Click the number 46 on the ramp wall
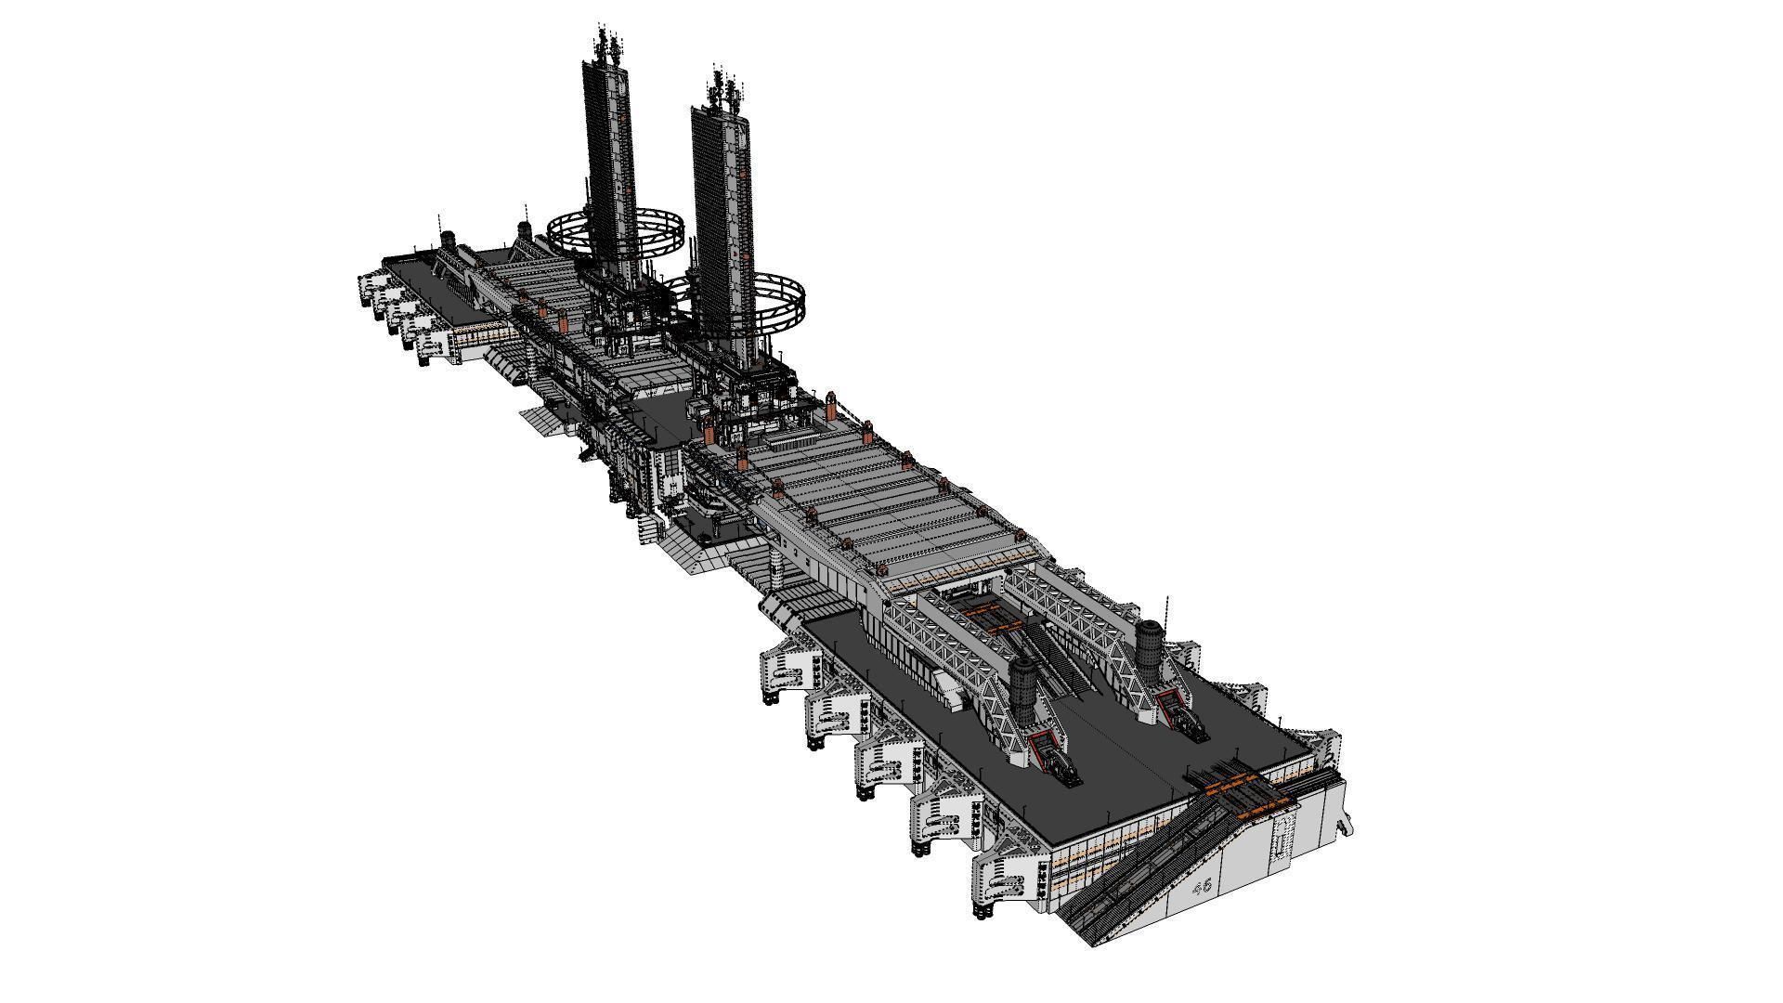pyautogui.click(x=1202, y=885)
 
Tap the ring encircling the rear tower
pyautogui.click(x=615, y=234)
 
